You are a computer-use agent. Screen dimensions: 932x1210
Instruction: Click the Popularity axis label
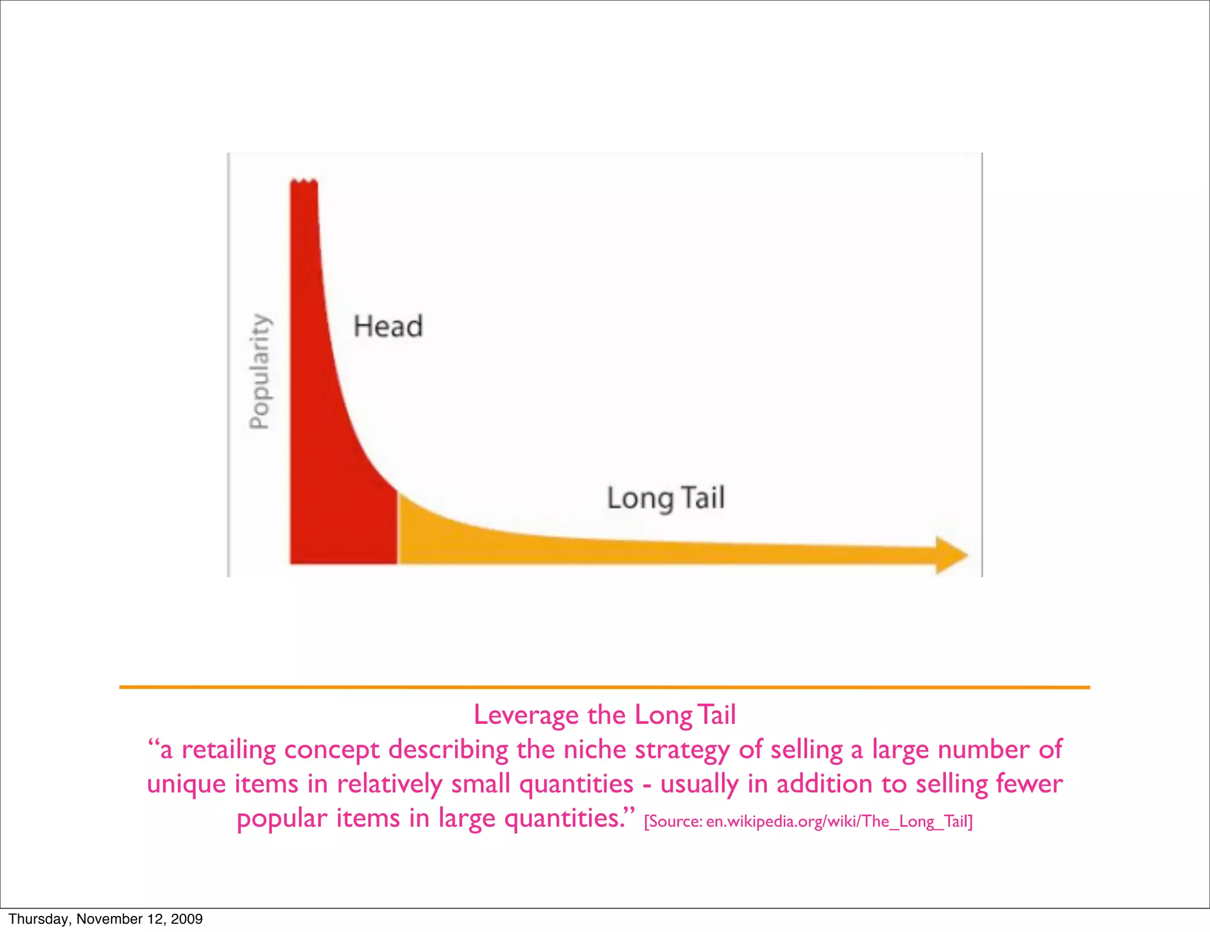coord(259,371)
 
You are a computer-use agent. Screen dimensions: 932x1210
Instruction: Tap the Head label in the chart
coord(388,326)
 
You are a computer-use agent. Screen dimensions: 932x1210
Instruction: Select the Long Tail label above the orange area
coord(666,498)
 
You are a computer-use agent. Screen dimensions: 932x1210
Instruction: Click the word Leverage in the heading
coord(526,715)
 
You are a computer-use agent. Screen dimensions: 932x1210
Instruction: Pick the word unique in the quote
coord(187,785)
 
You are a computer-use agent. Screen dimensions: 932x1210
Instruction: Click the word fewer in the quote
coord(1029,784)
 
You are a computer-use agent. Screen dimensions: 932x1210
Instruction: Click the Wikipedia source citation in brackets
coord(808,821)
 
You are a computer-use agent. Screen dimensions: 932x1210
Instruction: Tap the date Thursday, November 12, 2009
coord(106,918)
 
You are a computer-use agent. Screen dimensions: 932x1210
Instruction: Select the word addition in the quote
coord(825,784)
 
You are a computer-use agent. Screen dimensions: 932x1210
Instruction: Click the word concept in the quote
coord(332,750)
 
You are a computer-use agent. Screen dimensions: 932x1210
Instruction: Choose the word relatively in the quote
coord(389,785)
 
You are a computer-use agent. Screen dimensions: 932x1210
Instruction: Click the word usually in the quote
coord(700,785)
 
